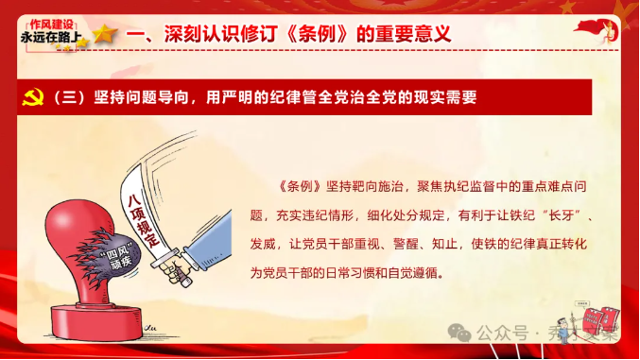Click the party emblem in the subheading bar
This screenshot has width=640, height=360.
click(x=31, y=96)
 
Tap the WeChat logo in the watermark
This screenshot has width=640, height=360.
click(x=459, y=334)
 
